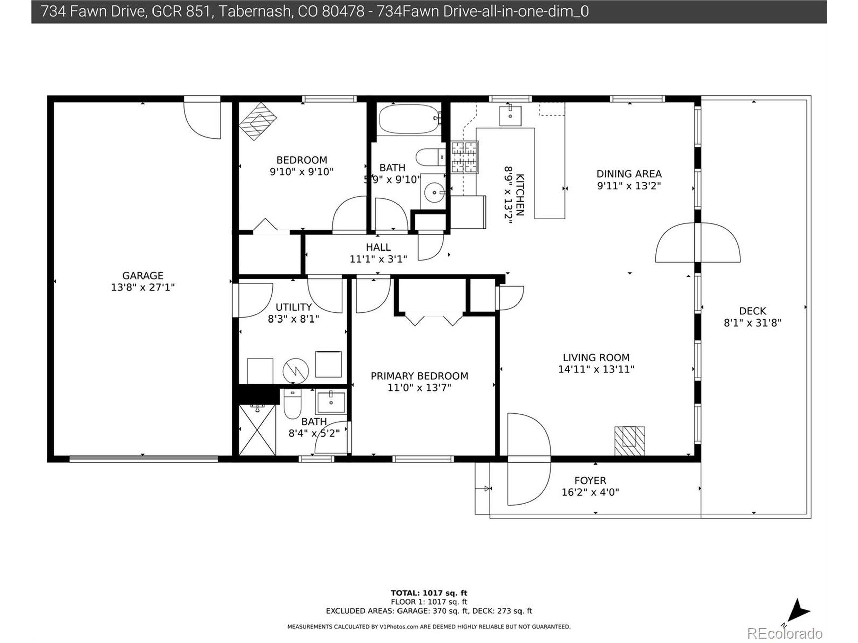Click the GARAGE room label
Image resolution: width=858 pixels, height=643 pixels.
143,276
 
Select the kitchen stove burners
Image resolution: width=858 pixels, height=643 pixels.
465,157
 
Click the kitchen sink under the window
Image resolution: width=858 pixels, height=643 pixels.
510,115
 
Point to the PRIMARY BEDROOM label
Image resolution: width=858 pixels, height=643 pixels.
419,376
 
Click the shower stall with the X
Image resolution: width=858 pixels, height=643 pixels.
257,430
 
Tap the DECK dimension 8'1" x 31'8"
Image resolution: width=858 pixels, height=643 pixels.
752,323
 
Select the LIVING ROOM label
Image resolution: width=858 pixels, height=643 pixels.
596,357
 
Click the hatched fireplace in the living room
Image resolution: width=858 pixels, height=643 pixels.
629,441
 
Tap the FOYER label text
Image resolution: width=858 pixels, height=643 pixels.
590,481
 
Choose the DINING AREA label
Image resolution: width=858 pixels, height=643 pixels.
629,174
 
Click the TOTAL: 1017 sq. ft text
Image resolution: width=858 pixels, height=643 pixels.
429,593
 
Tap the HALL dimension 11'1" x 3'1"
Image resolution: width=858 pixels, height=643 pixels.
378,259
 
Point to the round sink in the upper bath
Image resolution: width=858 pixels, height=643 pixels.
434,192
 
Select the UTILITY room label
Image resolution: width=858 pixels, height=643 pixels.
294,307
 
